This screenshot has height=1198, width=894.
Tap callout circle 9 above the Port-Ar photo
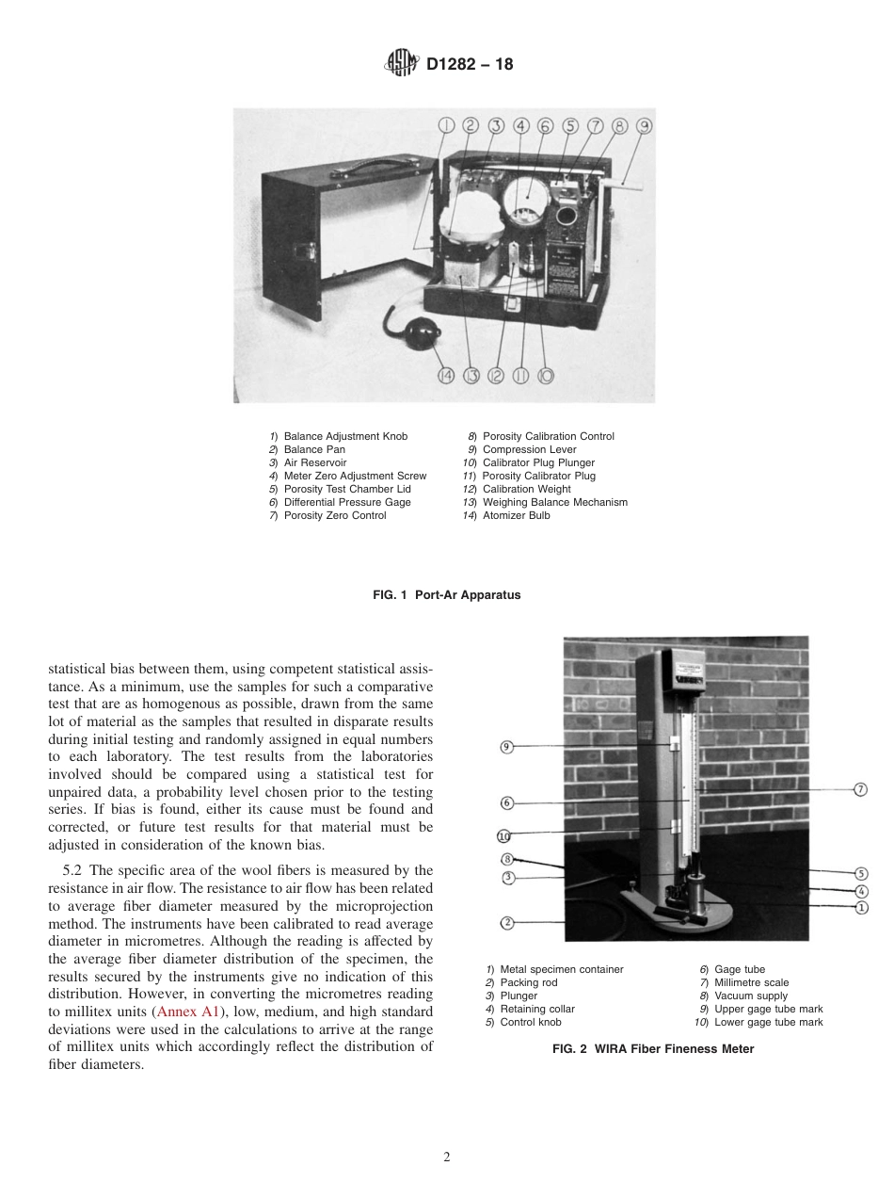[645, 125]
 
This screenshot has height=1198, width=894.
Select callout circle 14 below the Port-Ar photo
[446, 376]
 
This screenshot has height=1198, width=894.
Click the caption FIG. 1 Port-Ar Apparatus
[446, 595]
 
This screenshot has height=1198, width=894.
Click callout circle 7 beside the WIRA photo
[859, 789]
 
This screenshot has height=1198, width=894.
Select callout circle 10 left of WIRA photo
[503, 835]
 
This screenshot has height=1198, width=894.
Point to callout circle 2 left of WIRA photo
[506, 922]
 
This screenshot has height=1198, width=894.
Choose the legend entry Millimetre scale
[751, 983]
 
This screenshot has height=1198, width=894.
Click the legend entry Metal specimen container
[561, 970]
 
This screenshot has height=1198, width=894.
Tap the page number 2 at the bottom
[447, 1158]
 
